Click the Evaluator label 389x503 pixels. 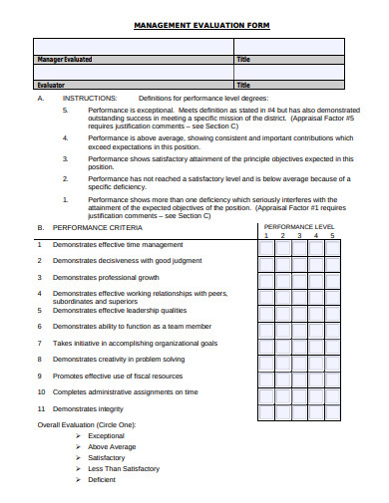(x=50, y=86)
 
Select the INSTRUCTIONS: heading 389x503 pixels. (x=90, y=99)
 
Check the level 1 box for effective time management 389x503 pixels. (x=266, y=245)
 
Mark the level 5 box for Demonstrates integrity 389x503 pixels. (x=333, y=409)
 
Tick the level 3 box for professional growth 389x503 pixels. (x=299, y=278)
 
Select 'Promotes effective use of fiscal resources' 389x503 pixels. (x=118, y=376)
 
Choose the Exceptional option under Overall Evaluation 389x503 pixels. (x=106, y=435)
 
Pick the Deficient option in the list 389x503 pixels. (x=102, y=479)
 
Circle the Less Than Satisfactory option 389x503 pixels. (x=123, y=468)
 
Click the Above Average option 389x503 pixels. (x=112, y=446)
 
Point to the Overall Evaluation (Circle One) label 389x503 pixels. (x=87, y=424)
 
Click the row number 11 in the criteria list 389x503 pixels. (x=41, y=408)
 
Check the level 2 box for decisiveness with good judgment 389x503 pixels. (x=283, y=262)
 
